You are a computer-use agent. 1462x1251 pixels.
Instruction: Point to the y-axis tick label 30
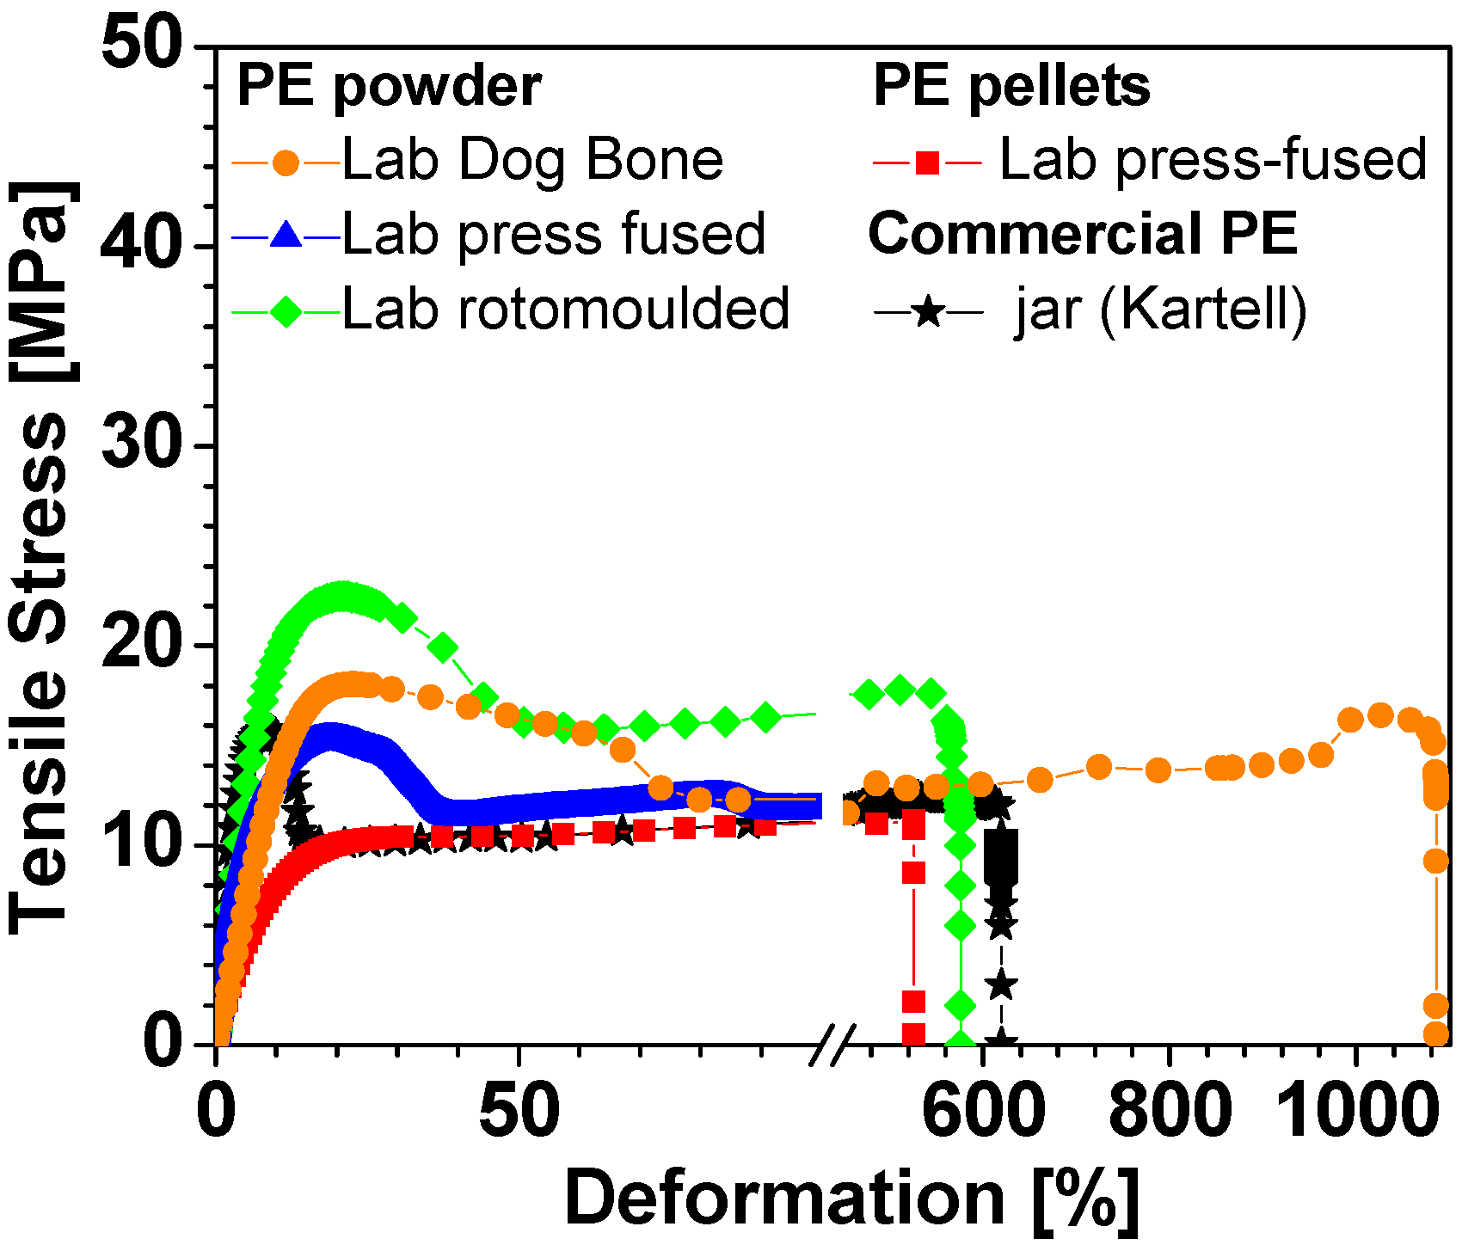coord(142,445)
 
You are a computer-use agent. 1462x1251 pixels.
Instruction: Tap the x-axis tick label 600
coord(983,1111)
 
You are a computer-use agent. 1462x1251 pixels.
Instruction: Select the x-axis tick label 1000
coord(1356,1111)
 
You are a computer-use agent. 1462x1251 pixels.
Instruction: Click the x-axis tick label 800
coord(1170,1111)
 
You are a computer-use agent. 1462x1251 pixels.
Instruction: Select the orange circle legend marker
coord(286,162)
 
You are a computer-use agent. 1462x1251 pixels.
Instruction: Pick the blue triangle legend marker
coord(286,235)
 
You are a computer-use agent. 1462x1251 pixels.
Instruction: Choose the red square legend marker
coord(927,162)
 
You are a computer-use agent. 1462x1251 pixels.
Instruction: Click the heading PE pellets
coord(1011,86)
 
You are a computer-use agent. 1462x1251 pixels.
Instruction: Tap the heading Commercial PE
coord(1083,233)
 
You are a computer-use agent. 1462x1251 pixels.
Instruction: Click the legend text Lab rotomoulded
coord(565,309)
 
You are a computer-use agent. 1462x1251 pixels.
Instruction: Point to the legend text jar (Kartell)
coord(1161,309)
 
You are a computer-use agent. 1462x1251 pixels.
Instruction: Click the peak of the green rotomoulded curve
coord(343,594)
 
